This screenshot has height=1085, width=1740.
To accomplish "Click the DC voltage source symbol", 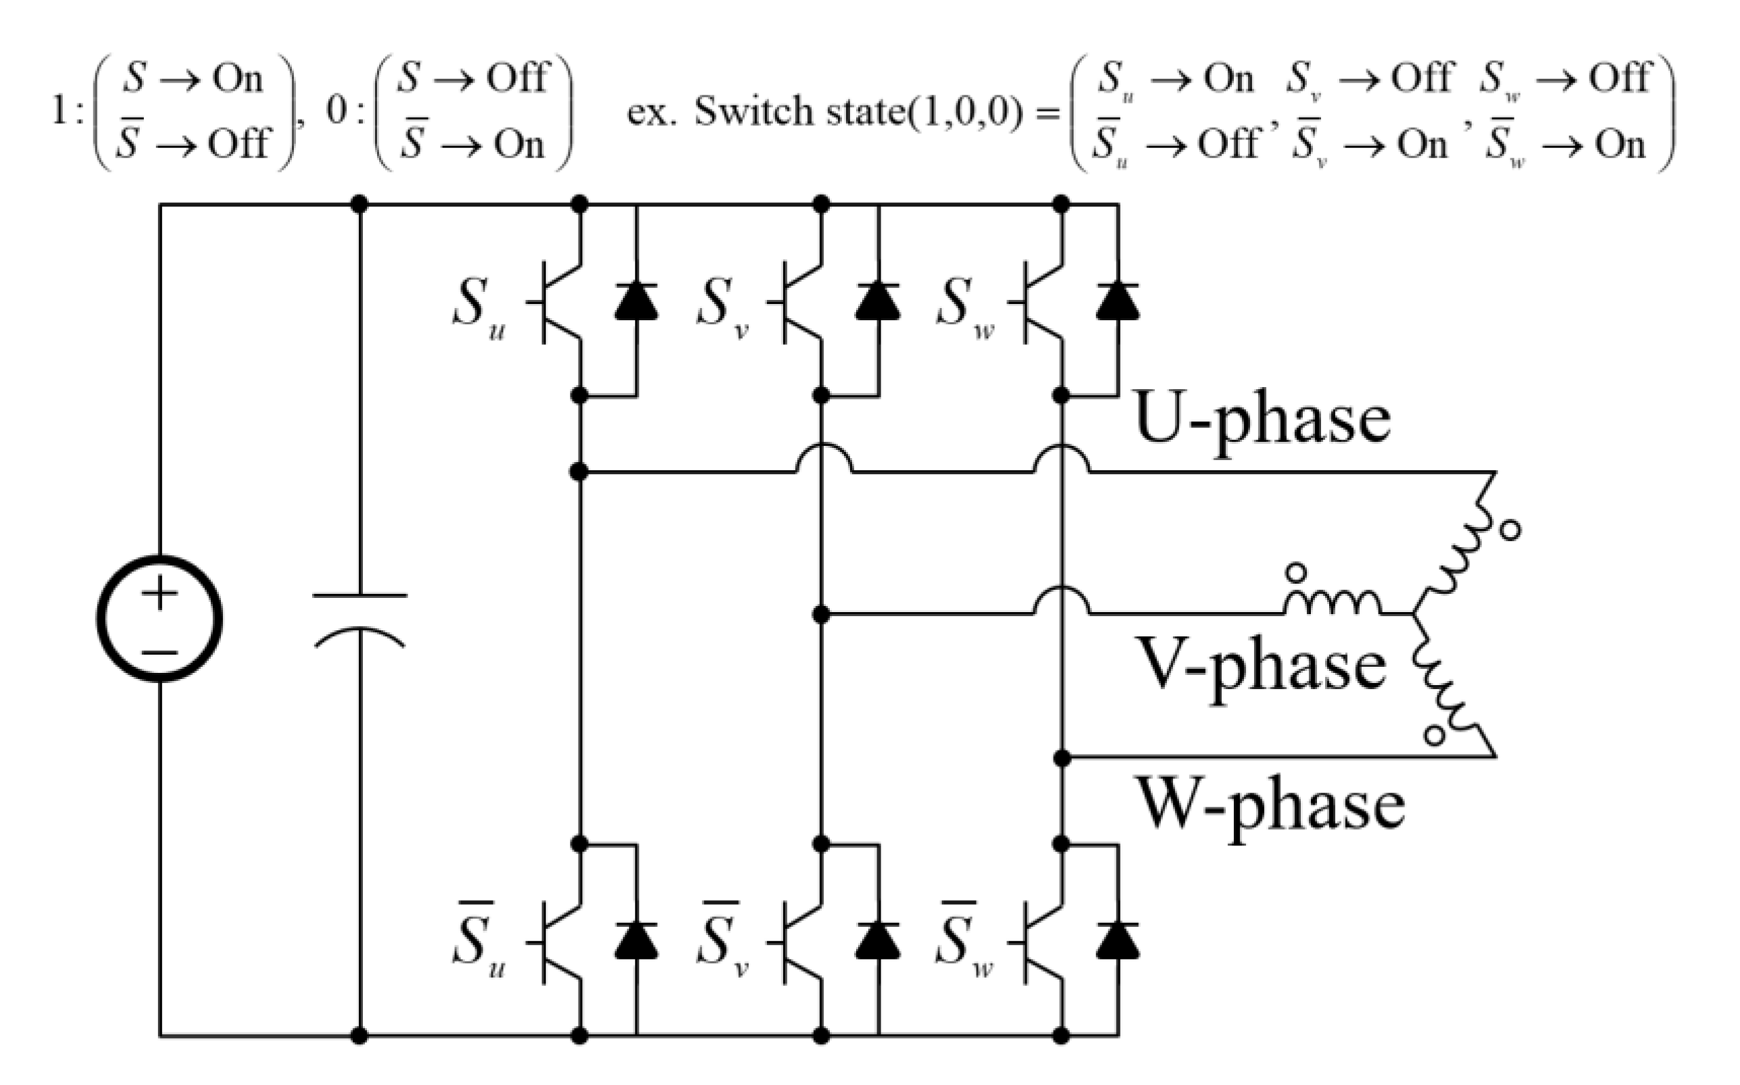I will coord(159,618).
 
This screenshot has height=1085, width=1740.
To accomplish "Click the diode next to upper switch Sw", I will coord(1118,301).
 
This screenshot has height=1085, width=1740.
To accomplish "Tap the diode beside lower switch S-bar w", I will coord(1118,942).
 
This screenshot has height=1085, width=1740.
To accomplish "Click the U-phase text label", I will coord(1262,420).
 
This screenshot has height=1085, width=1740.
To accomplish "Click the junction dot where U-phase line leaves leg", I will coord(579,472).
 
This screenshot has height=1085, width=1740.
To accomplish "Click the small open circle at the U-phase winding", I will coord(1510,530).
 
